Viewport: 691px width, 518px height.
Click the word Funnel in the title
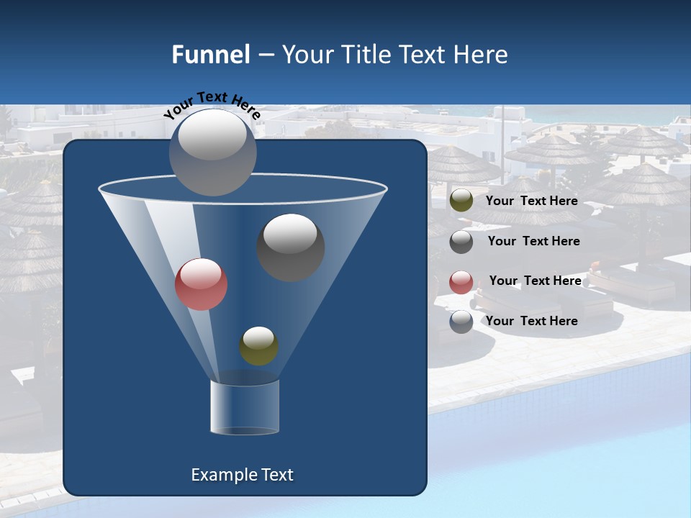[210, 55]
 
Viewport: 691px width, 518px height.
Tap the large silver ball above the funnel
[213, 152]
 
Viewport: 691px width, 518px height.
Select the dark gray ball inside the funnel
[291, 247]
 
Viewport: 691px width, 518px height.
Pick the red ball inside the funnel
[202, 283]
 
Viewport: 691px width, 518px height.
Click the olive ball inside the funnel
[258, 346]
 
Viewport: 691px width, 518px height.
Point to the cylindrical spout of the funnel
[245, 407]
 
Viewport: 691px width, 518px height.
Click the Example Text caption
[242, 475]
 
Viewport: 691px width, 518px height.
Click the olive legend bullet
[461, 201]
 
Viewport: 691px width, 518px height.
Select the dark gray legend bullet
[461, 242]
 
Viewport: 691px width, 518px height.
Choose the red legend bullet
[461, 282]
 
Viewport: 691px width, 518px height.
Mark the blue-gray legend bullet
[461, 322]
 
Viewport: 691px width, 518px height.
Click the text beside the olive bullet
[531, 201]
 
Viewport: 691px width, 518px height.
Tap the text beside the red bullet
[535, 281]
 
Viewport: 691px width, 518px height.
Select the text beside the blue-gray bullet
[531, 321]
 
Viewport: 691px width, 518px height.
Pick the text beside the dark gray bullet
[533, 241]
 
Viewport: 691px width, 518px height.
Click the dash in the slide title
[265, 55]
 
